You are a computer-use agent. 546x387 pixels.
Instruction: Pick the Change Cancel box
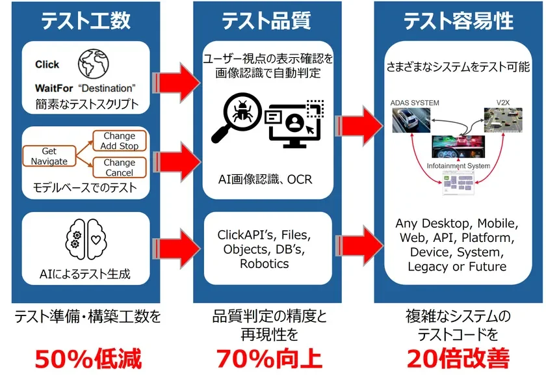(x=119, y=168)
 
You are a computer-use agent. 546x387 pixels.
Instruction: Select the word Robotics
(x=266, y=263)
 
